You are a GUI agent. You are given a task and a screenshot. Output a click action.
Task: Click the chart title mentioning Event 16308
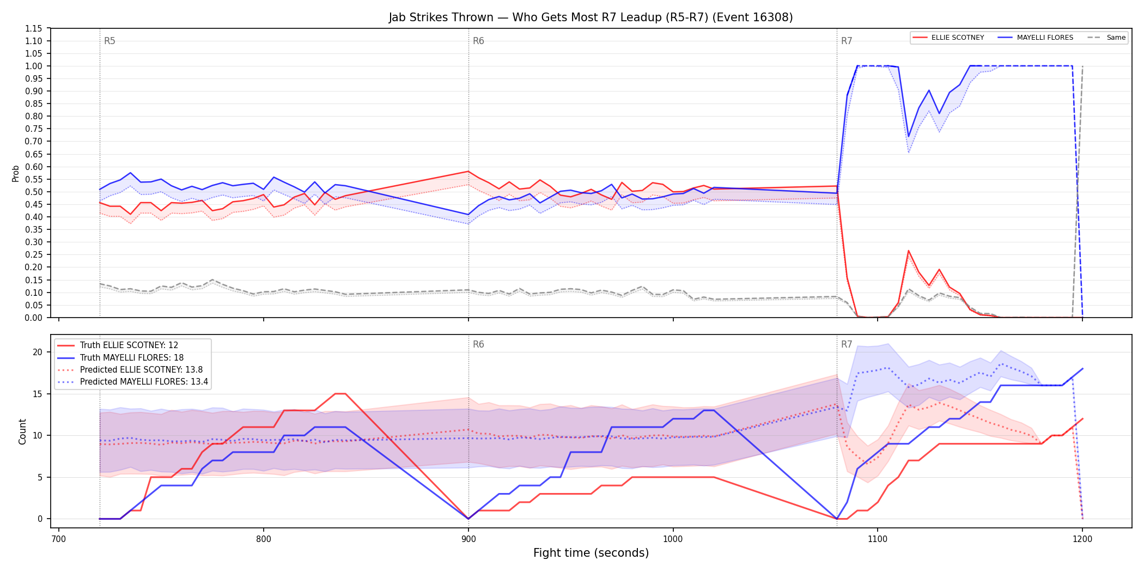[x=591, y=17]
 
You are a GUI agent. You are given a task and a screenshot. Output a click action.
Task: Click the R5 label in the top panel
[x=109, y=41]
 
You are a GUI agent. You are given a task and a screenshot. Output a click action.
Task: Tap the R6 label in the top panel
[x=478, y=41]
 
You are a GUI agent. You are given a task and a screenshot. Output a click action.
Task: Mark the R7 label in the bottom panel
[x=847, y=344]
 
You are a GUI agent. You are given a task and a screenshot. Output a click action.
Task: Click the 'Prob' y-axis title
[x=16, y=173]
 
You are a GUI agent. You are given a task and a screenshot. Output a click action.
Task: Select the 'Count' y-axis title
[x=22, y=431]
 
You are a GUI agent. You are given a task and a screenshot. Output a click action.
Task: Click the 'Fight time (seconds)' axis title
[x=591, y=553]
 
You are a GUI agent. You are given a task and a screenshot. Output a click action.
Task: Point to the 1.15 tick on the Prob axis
[x=33, y=28]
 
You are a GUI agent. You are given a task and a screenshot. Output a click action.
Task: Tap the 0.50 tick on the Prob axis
[x=33, y=192]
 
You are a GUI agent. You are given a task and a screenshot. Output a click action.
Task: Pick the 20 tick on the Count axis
[x=38, y=352]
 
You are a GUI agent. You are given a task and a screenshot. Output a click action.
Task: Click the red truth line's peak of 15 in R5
[x=340, y=393]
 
